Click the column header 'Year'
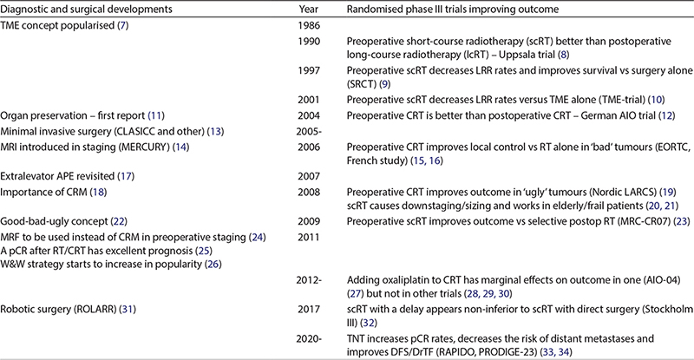(307, 9)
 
